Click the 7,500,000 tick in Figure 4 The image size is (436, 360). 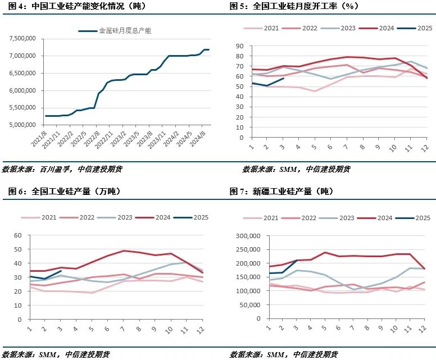(x=21, y=38)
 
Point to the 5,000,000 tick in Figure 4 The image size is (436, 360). (x=21, y=125)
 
